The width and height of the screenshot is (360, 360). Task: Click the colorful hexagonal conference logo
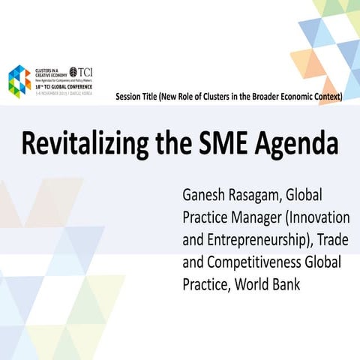click(19, 80)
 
